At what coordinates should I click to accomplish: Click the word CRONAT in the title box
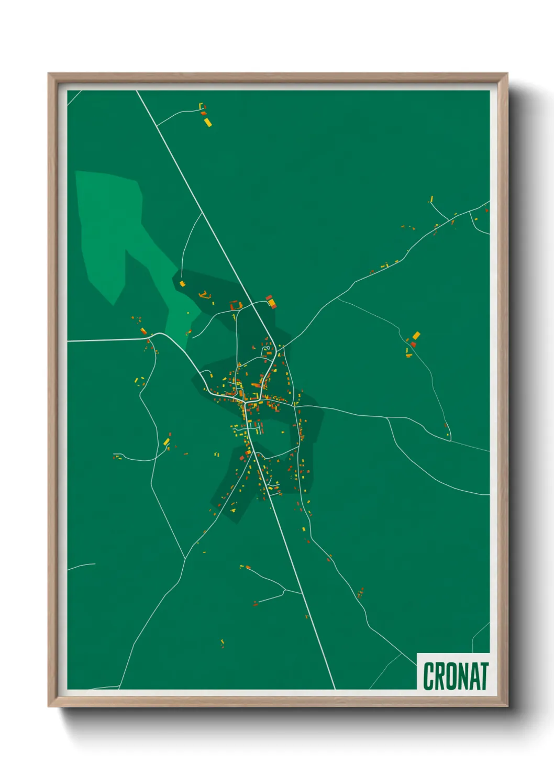coord(455,676)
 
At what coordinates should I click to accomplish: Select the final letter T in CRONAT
coord(484,676)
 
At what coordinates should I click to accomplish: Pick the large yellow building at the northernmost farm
coord(207,122)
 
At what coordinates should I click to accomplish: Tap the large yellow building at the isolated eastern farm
coord(416,336)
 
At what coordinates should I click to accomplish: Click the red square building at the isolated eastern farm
coord(413,344)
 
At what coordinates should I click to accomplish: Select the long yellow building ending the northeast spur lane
coord(431,199)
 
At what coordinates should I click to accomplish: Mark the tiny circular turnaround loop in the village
coord(267,349)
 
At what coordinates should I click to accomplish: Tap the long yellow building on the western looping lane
coord(167,442)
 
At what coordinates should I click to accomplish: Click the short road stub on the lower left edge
coord(82,566)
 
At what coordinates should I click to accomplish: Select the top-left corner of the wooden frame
coord(49,74)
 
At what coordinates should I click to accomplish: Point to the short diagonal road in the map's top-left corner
coord(74,97)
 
